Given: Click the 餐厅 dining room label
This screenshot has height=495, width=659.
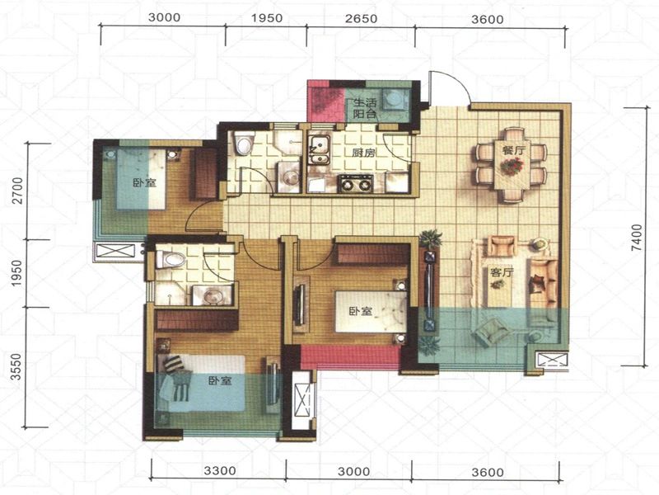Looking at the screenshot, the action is click(x=513, y=150).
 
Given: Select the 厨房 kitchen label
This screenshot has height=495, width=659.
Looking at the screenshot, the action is click(x=363, y=153).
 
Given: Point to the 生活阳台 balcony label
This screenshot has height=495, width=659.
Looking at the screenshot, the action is click(x=364, y=108).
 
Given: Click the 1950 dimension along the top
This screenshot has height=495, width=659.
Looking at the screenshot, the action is click(x=268, y=18).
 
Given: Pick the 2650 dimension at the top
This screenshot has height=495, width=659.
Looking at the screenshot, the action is click(x=362, y=19).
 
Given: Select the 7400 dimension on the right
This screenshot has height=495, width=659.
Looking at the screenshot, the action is click(x=637, y=238).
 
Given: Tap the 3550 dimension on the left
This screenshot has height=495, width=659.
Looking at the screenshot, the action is click(x=16, y=366).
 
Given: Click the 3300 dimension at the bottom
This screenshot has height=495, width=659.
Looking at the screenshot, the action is click(x=220, y=470).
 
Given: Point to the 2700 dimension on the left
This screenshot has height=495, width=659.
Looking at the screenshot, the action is click(x=17, y=191).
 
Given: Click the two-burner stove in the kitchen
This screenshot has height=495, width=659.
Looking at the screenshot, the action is click(x=355, y=182).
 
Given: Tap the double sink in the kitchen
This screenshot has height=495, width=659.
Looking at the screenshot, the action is click(x=320, y=150).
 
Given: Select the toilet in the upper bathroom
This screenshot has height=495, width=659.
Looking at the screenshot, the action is click(x=244, y=143).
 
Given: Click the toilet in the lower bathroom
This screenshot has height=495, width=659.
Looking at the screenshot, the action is click(x=171, y=259).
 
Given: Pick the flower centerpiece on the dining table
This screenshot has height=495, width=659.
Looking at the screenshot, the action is click(x=512, y=167).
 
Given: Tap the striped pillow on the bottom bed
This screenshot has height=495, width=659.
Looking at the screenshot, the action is click(x=174, y=364).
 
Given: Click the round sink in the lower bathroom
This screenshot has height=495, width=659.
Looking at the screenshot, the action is click(x=213, y=295).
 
